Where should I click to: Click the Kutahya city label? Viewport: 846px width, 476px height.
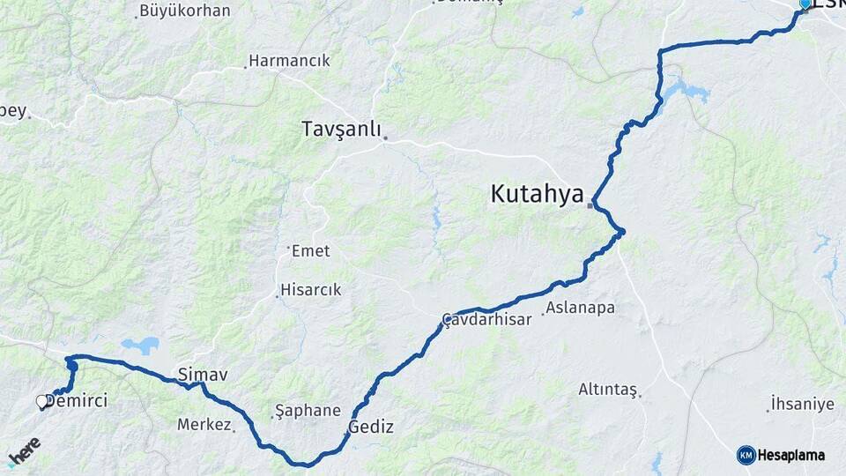click(x=537, y=194)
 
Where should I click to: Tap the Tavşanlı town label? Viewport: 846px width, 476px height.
click(x=341, y=130)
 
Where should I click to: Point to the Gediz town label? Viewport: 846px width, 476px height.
click(x=371, y=428)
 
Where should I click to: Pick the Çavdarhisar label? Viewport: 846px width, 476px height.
click(x=487, y=319)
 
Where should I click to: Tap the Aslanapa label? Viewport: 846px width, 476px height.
click(x=580, y=308)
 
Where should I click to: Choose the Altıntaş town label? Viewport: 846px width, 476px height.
click(x=607, y=389)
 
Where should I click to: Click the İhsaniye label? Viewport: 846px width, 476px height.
click(x=802, y=404)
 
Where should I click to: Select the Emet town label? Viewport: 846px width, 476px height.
click(x=310, y=251)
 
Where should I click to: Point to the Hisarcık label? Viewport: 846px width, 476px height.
click(x=310, y=290)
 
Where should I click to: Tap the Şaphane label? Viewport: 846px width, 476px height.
click(x=308, y=411)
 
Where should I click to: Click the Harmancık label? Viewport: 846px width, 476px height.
click(x=289, y=61)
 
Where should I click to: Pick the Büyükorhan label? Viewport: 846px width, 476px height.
click(x=184, y=11)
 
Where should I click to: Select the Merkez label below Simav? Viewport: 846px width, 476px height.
click(x=204, y=425)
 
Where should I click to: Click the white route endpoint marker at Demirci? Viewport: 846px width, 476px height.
click(x=41, y=402)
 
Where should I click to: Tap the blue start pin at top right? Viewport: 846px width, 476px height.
click(x=804, y=5)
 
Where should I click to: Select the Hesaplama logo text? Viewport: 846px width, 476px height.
click(x=791, y=455)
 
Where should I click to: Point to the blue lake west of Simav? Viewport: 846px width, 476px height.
click(x=140, y=345)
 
